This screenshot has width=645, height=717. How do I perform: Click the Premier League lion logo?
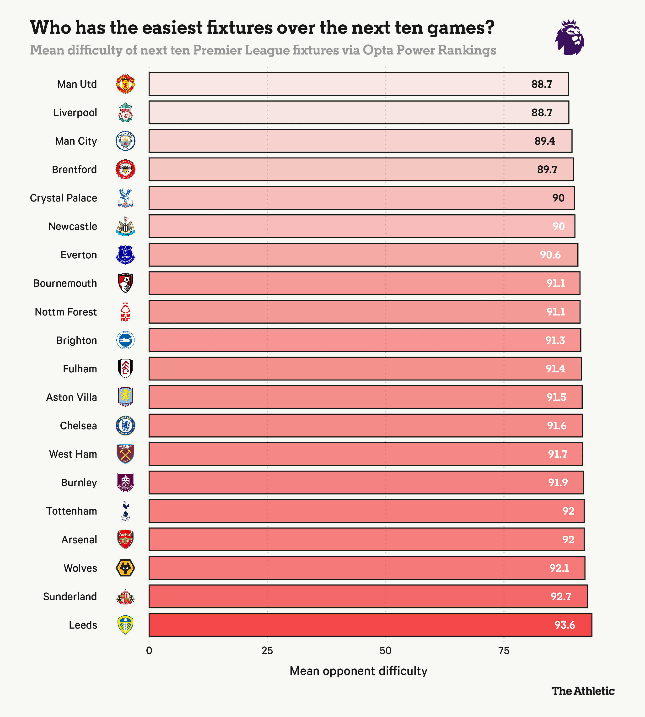570,37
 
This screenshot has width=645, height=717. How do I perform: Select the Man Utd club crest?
125,84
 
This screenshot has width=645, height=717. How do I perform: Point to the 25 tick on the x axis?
267,651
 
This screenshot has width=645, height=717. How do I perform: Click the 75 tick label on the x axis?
504,651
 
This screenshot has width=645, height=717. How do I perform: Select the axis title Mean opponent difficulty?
358,671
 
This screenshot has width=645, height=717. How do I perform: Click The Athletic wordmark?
583,691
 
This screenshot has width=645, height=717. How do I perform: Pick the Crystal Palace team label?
64,198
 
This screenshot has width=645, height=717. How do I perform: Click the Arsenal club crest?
125,539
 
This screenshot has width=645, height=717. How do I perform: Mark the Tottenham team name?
72,511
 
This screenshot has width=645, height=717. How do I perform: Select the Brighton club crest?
125,340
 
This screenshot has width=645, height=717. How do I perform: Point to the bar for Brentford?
361,169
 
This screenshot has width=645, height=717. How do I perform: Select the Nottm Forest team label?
66,312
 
